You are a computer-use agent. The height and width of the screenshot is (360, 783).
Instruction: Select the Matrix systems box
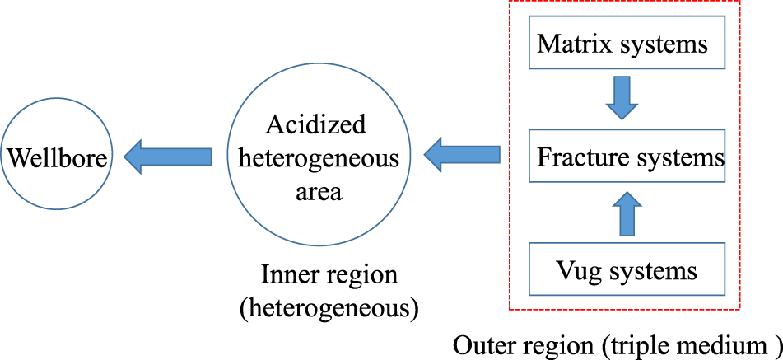[x=626, y=43]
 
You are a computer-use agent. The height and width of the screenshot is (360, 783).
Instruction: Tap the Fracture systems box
[x=626, y=157]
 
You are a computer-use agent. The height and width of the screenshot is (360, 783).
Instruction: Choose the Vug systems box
[x=626, y=269]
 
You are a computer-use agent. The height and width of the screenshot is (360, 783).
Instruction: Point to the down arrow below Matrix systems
[x=622, y=98]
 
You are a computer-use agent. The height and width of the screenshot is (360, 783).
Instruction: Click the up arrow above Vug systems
[x=627, y=213]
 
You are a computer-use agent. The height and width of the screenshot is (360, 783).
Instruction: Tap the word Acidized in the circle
[x=315, y=124]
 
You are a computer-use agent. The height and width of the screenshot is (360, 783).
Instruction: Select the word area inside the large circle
[x=318, y=191]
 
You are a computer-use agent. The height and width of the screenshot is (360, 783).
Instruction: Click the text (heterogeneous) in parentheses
[x=329, y=308]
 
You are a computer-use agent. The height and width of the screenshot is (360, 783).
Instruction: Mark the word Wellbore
[x=57, y=157]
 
